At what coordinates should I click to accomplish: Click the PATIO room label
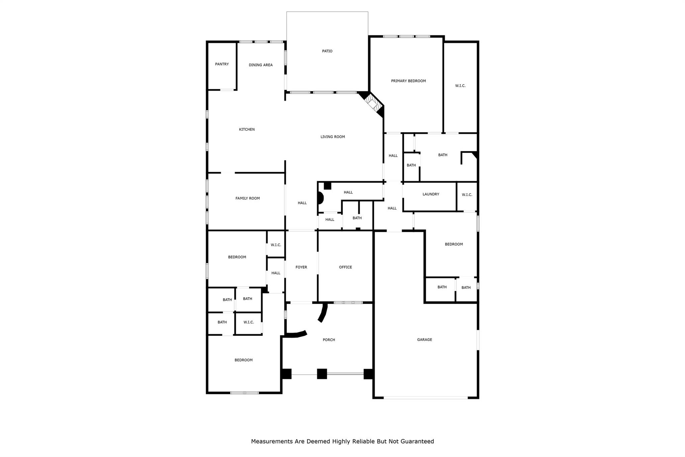pos(327,51)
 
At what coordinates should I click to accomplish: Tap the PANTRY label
pos(222,64)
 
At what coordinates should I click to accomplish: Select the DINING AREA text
pos(261,65)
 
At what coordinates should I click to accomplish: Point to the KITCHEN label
pos(247,130)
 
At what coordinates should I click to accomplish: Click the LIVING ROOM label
pos(332,137)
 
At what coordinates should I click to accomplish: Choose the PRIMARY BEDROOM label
pos(408,81)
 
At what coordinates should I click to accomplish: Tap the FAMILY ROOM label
pos(248,198)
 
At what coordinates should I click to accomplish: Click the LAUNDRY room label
pos(431,194)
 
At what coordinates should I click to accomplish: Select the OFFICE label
pos(346,267)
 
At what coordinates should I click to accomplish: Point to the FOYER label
pos(301,267)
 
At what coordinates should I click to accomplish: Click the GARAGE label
pos(424,339)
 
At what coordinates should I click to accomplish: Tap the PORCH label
pos(329,340)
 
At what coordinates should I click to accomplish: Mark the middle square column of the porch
pos(322,374)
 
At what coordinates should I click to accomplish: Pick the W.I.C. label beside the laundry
pos(467,195)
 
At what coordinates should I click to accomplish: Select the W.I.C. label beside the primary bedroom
pos(460,86)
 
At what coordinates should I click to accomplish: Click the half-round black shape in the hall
pos(320,198)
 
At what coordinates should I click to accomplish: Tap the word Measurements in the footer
pos(272,442)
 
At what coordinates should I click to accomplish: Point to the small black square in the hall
pos(327,186)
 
